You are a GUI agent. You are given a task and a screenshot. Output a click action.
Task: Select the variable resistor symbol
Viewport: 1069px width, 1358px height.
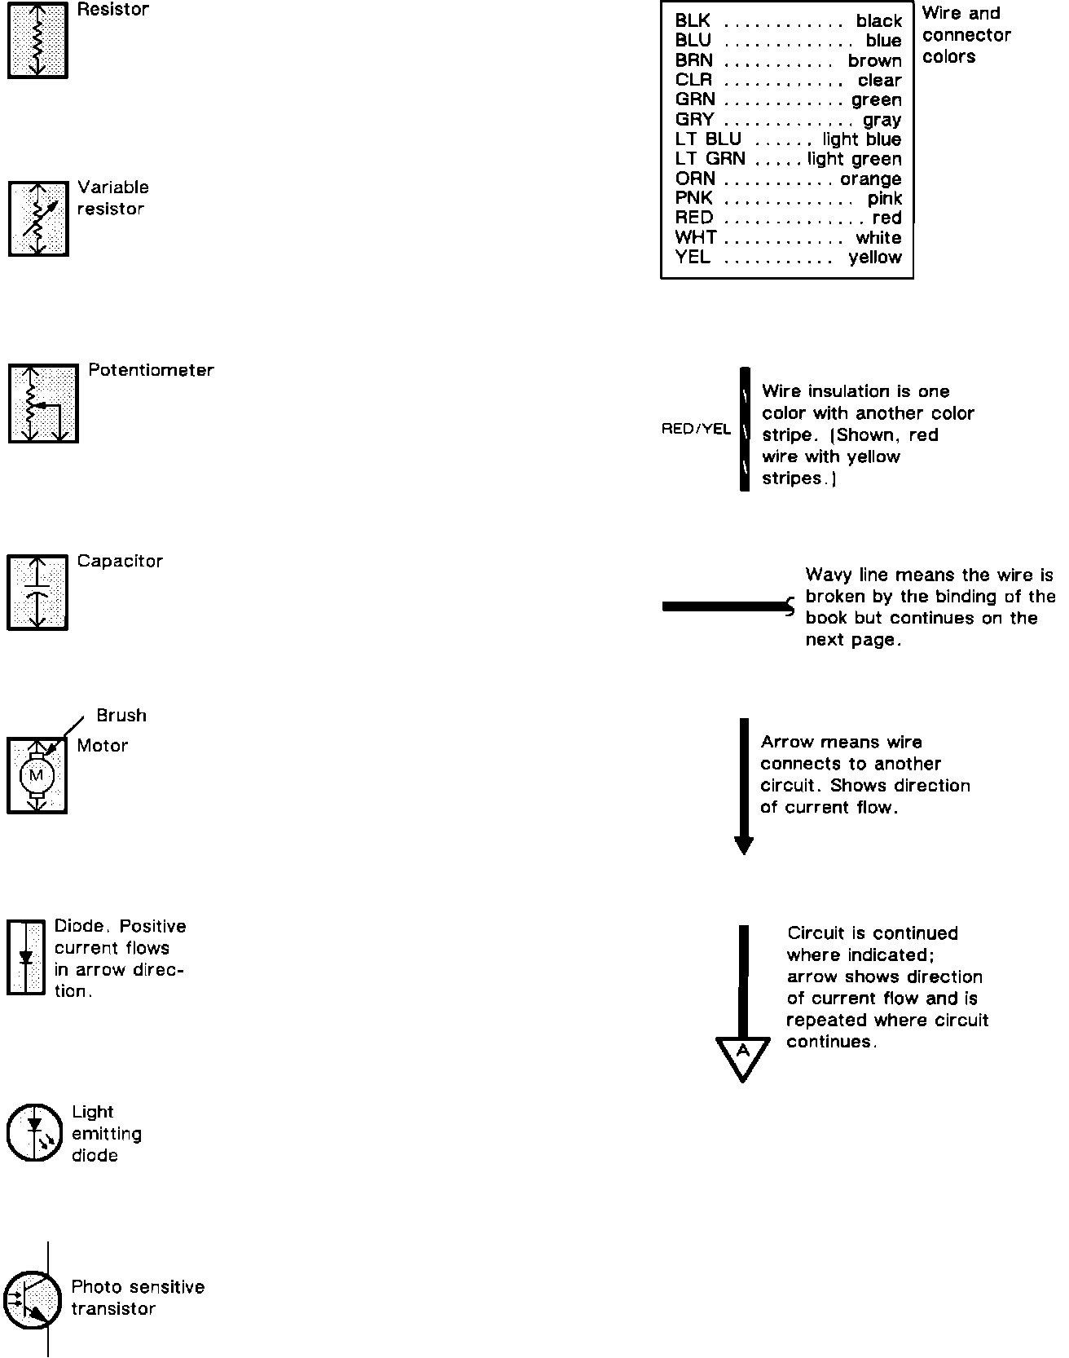tap(38, 218)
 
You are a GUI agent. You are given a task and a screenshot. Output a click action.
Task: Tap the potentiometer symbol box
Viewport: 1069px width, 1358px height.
tap(43, 403)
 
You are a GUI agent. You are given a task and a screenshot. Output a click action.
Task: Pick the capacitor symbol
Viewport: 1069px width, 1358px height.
tap(37, 593)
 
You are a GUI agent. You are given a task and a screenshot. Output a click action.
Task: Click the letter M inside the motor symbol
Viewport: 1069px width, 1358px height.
tap(37, 775)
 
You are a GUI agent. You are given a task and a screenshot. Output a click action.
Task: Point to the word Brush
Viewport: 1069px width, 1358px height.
tap(121, 716)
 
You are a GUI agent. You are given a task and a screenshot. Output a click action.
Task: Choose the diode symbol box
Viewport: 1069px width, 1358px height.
tap(26, 957)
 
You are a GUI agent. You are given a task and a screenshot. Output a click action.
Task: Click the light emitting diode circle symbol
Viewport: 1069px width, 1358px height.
tap(35, 1132)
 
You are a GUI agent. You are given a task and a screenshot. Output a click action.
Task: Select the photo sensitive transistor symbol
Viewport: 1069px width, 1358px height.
tap(33, 1300)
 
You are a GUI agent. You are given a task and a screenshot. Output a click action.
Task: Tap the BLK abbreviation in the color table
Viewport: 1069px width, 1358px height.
tap(693, 21)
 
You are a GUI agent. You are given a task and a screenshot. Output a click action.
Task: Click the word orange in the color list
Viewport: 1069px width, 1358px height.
tap(870, 179)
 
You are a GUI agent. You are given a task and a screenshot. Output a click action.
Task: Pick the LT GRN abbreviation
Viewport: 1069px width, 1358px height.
tap(710, 160)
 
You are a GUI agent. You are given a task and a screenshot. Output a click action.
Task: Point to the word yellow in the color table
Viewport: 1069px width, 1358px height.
tap(875, 258)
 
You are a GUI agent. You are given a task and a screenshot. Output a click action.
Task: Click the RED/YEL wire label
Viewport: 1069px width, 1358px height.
tap(696, 430)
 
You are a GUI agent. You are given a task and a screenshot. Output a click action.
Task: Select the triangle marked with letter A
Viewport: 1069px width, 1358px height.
tap(743, 1056)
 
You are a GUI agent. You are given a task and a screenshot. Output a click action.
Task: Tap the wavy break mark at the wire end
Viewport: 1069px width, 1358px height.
tap(790, 606)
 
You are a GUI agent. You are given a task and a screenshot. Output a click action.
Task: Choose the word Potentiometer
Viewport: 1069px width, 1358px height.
tap(151, 371)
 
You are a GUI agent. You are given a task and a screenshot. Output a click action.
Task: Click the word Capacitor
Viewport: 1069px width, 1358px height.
tap(120, 562)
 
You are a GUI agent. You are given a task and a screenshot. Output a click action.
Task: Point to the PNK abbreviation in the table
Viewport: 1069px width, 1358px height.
tap(693, 199)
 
